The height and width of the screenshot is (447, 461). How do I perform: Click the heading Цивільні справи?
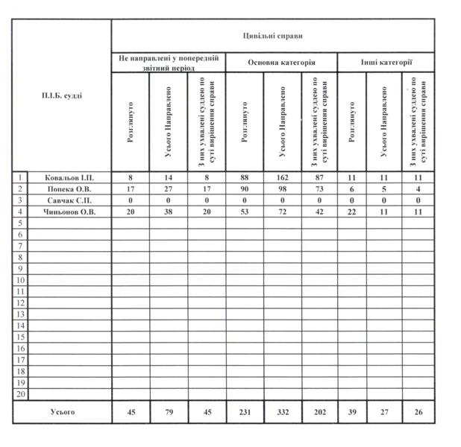pos(272,36)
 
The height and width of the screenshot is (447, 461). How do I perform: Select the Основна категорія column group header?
pos(281,63)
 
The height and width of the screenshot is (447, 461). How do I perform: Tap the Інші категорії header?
pos(386,63)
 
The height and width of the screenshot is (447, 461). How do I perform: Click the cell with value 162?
pos(282,178)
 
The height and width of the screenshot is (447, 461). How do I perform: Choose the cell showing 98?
pos(282,189)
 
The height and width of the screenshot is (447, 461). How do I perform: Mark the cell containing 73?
pos(319,189)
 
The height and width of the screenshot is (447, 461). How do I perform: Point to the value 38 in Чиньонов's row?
pos(169,212)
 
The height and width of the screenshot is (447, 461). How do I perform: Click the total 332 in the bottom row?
pos(282,411)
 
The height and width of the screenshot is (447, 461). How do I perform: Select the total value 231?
pos(244,411)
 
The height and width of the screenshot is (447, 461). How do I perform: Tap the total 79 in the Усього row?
pos(169,411)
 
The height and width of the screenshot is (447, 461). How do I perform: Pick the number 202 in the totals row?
pos(319,411)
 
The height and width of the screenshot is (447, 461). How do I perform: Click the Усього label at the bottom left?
pos(62,411)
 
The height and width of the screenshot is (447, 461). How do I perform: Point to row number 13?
pos(20,314)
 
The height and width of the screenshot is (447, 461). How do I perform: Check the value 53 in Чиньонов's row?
pos(244,212)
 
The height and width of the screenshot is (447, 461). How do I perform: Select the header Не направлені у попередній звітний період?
pos(169,63)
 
